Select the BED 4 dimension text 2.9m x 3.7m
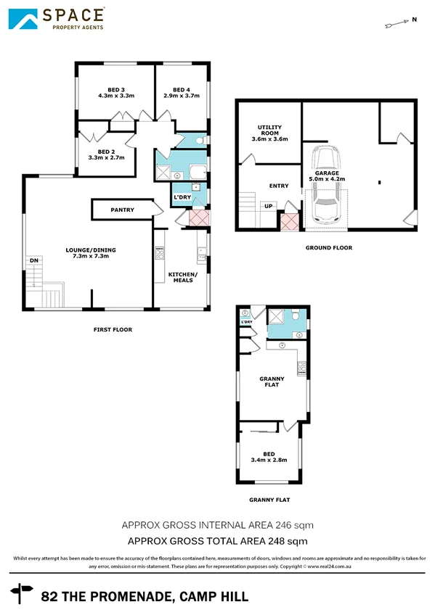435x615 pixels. click(x=182, y=95)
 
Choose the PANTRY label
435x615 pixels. click(x=123, y=210)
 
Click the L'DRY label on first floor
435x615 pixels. click(x=182, y=197)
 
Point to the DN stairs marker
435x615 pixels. click(x=33, y=260)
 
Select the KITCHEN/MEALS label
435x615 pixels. click(x=181, y=276)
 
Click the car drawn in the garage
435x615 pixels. click(x=325, y=185)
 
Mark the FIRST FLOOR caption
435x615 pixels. click(x=113, y=329)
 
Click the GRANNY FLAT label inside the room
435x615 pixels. click(x=272, y=381)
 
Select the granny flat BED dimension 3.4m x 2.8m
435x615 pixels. click(x=269, y=460)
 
